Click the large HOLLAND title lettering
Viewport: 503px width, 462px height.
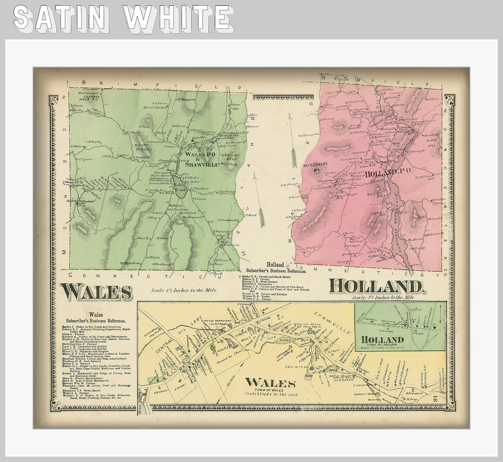click(x=376, y=287)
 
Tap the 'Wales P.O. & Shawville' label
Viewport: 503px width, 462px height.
click(x=202, y=160)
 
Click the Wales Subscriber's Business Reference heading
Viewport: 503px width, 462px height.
click(x=96, y=318)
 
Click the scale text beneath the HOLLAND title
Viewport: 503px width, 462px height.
click(x=383, y=298)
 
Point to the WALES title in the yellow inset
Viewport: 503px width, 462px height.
click(x=270, y=383)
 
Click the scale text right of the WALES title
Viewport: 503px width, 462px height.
click(x=183, y=290)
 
